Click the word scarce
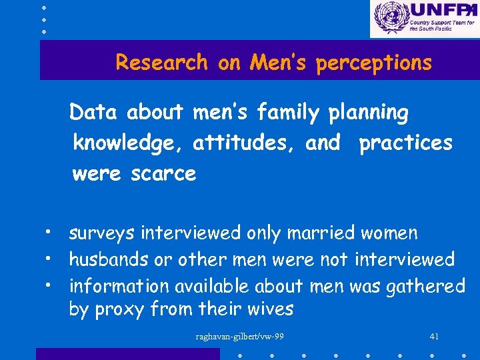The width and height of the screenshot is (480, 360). (163, 174)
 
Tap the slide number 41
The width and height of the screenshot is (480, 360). (434, 336)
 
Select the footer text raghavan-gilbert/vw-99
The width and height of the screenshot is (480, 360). (239, 336)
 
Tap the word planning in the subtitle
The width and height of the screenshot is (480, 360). (369, 113)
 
